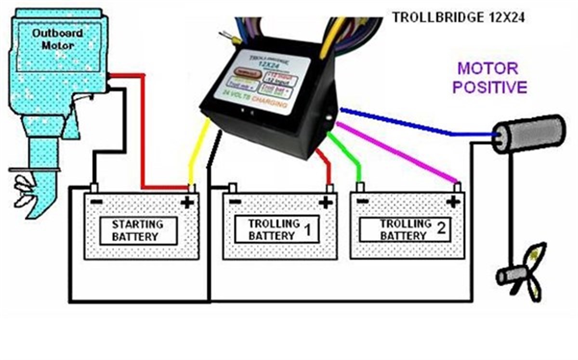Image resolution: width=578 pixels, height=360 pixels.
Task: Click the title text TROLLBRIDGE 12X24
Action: coord(458,18)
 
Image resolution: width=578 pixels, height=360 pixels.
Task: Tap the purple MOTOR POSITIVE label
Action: coord(492,77)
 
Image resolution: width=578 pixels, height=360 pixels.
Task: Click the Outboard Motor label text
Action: coord(51,39)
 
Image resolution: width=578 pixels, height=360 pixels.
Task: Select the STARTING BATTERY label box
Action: coord(138,230)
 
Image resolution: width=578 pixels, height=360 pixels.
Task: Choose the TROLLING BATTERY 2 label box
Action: coord(404,230)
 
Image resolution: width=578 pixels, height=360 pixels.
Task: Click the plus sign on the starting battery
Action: coord(187,202)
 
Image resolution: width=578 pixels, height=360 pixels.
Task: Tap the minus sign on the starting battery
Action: coord(96,201)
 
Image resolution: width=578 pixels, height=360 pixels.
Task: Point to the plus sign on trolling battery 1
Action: coord(326,202)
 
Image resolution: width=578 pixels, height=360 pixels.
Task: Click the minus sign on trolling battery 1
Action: coord(235,201)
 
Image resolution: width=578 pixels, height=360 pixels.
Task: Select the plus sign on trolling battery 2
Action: coord(453,202)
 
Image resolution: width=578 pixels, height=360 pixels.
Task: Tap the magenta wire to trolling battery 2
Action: coord(400,152)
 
